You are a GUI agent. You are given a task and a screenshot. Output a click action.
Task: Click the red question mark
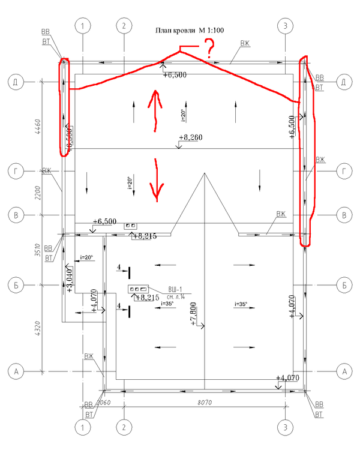coord(209,47)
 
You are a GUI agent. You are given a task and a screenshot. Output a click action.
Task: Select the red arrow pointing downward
coord(157,179)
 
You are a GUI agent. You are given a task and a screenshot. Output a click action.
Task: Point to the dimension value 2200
coord(37,193)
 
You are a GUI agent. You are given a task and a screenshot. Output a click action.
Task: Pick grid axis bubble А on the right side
coord(344,371)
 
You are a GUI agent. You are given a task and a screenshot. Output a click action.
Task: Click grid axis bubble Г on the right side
coord(344,172)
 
